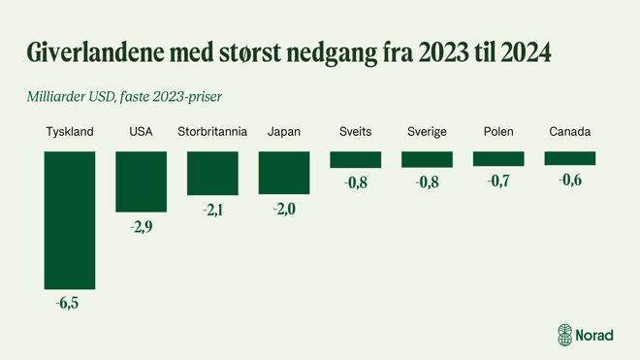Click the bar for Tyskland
[x=70, y=219]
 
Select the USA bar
[x=141, y=180]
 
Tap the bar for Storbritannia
[x=212, y=173]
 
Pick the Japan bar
[x=283, y=172]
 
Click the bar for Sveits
[x=355, y=159]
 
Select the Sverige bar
[x=427, y=159]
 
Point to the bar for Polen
[x=498, y=158]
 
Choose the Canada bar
[x=569, y=157]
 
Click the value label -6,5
[x=70, y=303]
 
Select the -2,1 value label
[x=212, y=210]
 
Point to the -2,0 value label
[x=284, y=208]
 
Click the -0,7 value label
[x=498, y=180]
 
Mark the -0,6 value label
[x=570, y=179]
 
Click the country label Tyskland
[x=70, y=131]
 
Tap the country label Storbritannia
[x=212, y=131]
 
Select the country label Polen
[x=498, y=131]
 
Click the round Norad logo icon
[x=566, y=334]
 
